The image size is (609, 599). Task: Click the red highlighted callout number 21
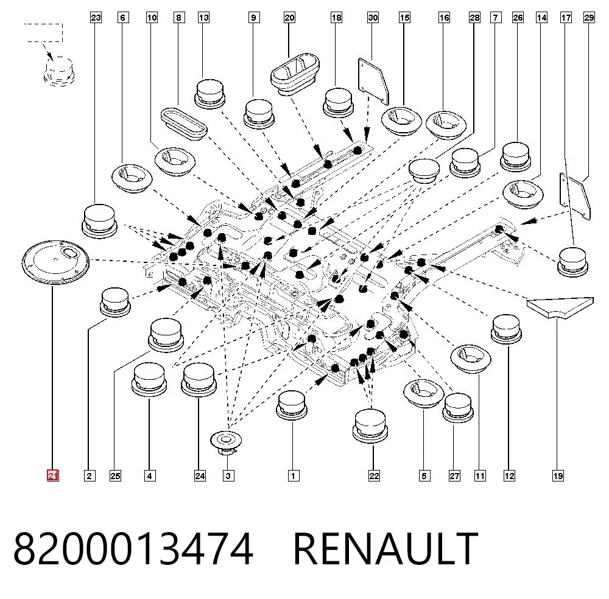53,475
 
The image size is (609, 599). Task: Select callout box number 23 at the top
96,18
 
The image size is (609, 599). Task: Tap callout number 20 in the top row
289,18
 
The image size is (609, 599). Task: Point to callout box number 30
373,18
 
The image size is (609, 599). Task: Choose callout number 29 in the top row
589,18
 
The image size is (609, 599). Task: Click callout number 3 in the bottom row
228,475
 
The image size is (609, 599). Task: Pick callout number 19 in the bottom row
558,475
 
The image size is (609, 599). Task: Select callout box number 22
374,475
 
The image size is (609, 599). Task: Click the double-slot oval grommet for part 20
295,74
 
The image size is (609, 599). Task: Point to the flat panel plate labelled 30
373,82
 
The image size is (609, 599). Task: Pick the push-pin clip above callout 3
226,443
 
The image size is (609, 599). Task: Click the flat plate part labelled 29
575,196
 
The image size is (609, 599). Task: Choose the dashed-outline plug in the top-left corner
58,71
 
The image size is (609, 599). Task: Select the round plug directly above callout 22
370,426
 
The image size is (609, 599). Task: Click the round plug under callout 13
209,94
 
